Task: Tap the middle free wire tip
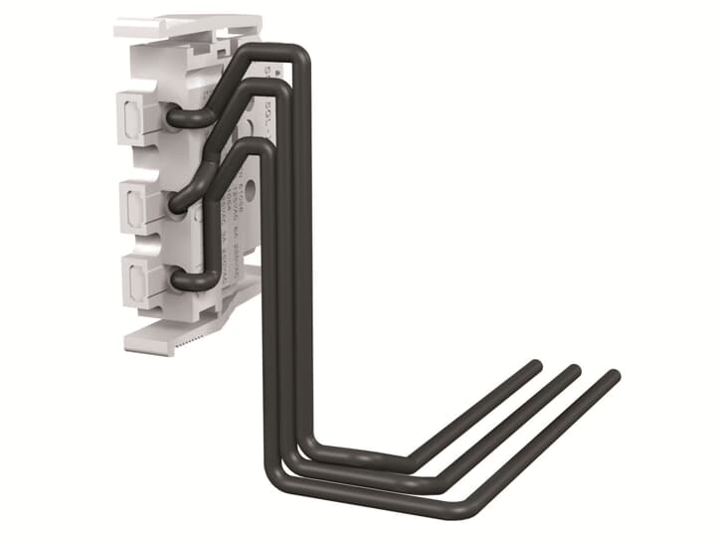[x=574, y=372]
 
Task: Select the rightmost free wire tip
[x=613, y=377]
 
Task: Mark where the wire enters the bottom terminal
[x=179, y=281]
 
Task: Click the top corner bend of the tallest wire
[x=298, y=56]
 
